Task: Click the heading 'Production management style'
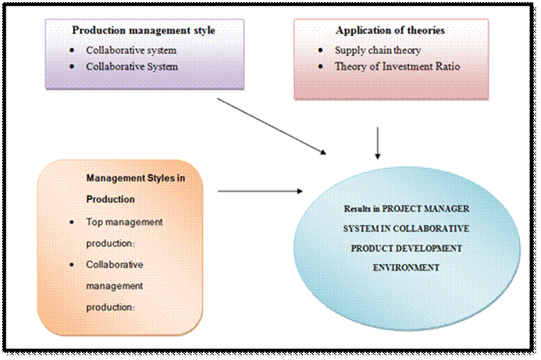point(143,31)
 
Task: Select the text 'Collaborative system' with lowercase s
point(131,50)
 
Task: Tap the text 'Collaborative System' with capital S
point(132,67)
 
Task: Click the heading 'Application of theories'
point(390,31)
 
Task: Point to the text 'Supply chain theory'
point(378,50)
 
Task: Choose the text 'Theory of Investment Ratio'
point(398,66)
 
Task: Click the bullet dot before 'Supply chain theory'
point(321,51)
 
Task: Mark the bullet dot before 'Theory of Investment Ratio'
point(321,66)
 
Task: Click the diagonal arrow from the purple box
point(271,126)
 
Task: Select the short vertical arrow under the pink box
point(378,143)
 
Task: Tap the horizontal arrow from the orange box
point(260,191)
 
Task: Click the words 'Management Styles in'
point(136,179)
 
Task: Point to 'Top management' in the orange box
point(124,222)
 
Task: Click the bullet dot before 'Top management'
point(72,222)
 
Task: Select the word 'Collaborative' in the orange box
point(115,265)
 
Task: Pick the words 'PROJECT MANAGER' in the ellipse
point(426,209)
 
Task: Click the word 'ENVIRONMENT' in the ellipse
point(406,268)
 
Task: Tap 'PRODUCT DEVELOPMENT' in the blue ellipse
point(406,248)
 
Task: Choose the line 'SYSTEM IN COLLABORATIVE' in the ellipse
point(406,229)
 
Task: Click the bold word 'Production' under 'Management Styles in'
point(111,199)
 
